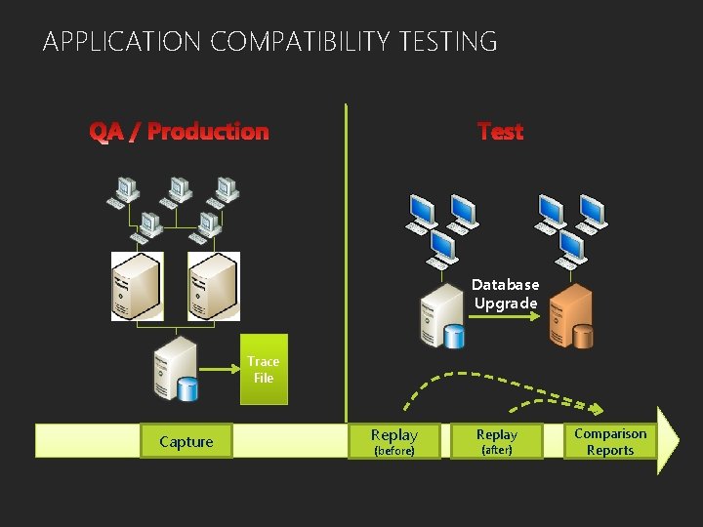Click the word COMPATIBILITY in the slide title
coord(298,42)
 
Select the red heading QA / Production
coord(179,131)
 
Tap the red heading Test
coord(501,131)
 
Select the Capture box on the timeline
coord(186,441)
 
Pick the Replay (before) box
coord(394,441)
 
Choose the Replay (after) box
coord(496,441)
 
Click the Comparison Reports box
coord(610,441)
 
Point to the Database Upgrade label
coord(505,294)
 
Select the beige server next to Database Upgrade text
coord(436,314)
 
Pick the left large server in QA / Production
coord(136,285)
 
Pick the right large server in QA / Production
coord(214,285)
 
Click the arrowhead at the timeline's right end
coord(668,441)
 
